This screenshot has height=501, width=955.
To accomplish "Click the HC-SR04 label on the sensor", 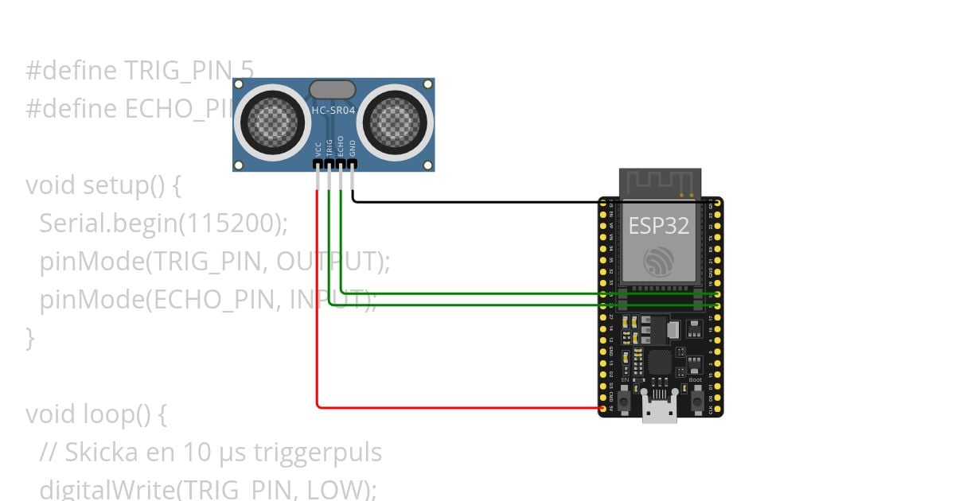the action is tap(333, 111).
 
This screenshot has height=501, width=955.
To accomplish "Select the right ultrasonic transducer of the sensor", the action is tap(394, 121).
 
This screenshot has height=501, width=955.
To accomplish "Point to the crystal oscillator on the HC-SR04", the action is tap(333, 89).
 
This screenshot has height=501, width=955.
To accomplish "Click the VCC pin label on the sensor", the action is tap(318, 149).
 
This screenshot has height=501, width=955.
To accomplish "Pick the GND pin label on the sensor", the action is tap(353, 149).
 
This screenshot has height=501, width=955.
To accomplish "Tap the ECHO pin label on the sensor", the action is tap(341, 147).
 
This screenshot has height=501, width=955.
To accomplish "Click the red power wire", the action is tap(317, 318).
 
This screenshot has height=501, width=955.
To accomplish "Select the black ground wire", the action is tap(477, 201).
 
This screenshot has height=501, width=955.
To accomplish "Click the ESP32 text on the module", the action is tap(659, 225).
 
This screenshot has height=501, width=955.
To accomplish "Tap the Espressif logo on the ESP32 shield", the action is tap(660, 262).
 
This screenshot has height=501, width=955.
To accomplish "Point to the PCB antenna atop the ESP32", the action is tap(660, 182).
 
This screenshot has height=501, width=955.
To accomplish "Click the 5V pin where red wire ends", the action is tap(602, 409).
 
